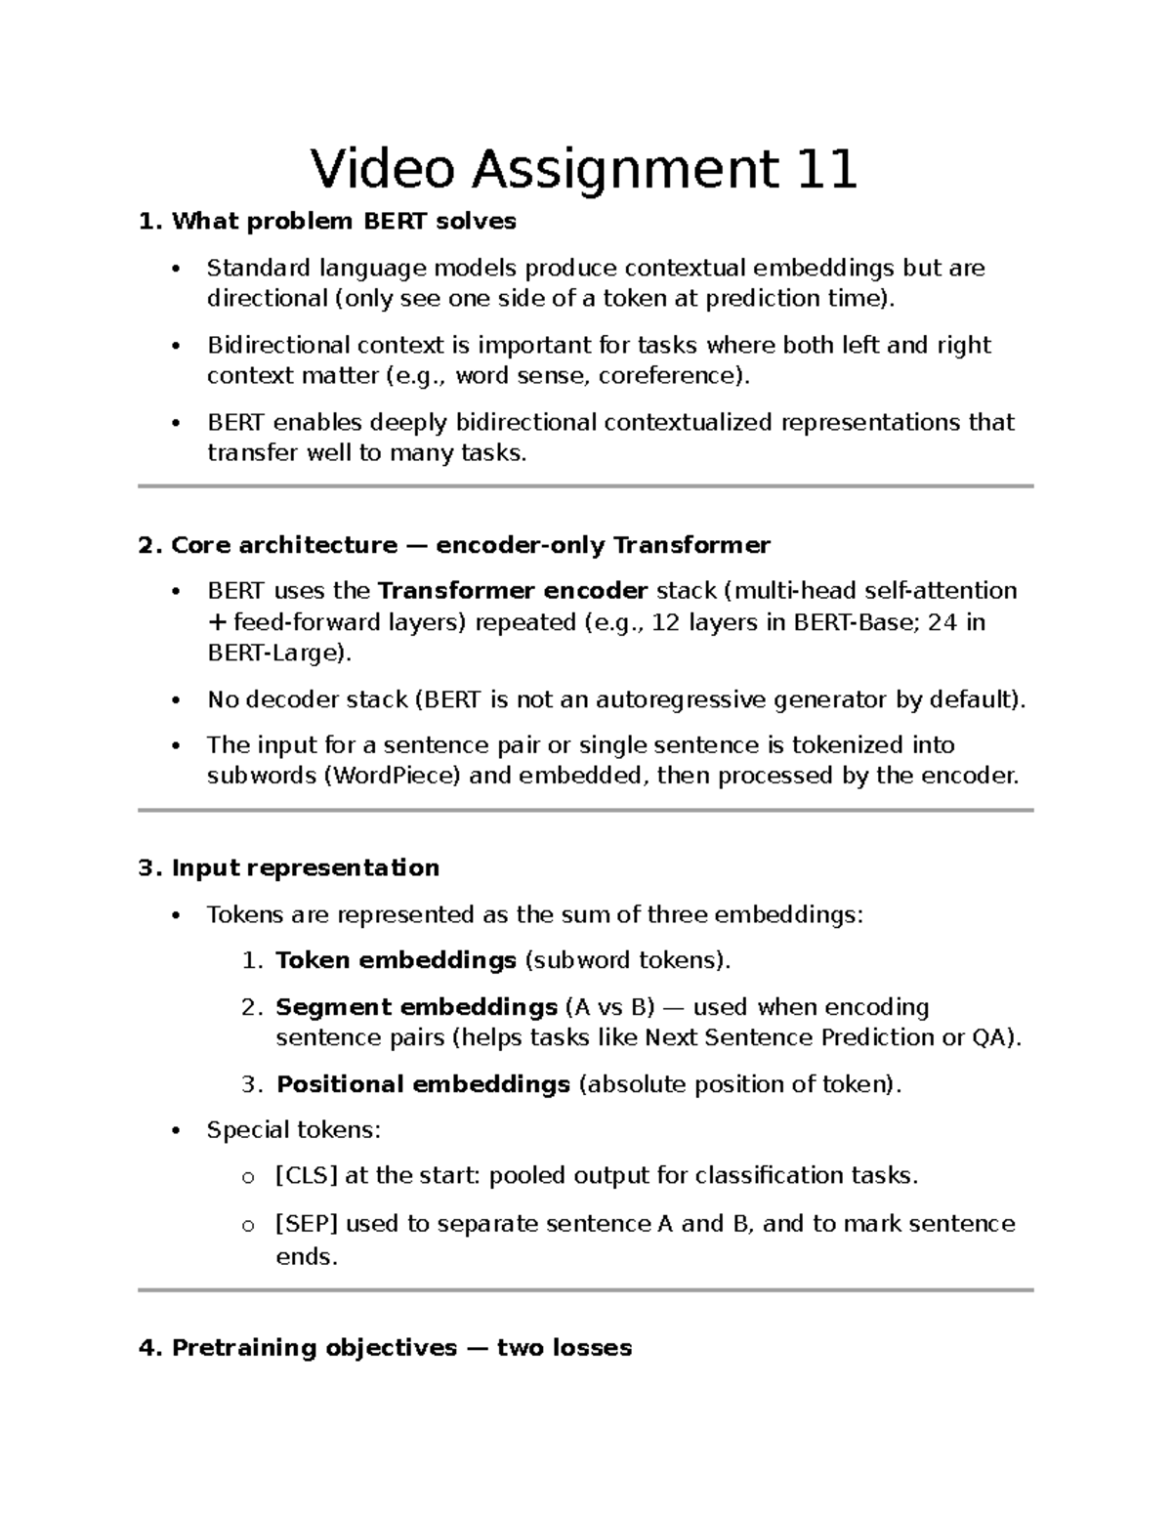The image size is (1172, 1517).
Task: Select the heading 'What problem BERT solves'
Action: [344, 222]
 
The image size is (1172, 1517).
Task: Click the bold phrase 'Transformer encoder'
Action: [513, 591]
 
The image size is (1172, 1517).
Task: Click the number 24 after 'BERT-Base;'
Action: [942, 622]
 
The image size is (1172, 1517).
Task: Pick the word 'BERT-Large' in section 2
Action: [273, 653]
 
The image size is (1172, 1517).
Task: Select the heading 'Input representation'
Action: [306, 868]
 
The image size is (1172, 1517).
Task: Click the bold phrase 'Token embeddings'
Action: [397, 960]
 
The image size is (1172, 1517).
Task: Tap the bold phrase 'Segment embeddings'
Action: [417, 1007]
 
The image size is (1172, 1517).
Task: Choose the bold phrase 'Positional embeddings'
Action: [424, 1084]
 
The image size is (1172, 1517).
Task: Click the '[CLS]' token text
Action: [307, 1176]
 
